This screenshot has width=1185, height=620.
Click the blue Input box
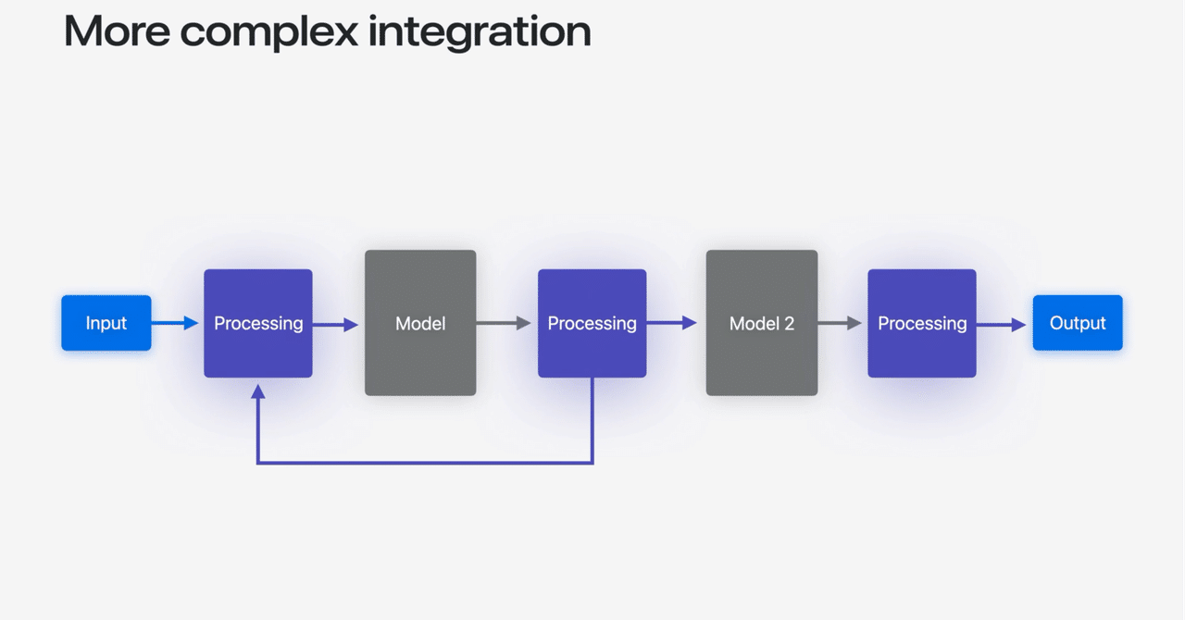106,323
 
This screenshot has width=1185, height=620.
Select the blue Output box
1077,323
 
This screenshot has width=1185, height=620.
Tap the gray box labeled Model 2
761,323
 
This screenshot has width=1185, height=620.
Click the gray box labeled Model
420,323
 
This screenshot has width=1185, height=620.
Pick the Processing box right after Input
258,323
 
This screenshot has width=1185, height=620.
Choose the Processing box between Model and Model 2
592,323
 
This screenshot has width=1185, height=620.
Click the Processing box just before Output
921,323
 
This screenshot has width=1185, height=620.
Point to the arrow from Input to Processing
176,323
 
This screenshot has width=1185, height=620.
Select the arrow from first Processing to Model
336,324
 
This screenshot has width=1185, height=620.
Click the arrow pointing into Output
1002,324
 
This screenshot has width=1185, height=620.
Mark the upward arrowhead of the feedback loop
258,391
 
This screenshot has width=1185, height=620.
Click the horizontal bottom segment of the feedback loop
425,462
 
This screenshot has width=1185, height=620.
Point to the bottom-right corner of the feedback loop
592,462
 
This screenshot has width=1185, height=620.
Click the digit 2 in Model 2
789,324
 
